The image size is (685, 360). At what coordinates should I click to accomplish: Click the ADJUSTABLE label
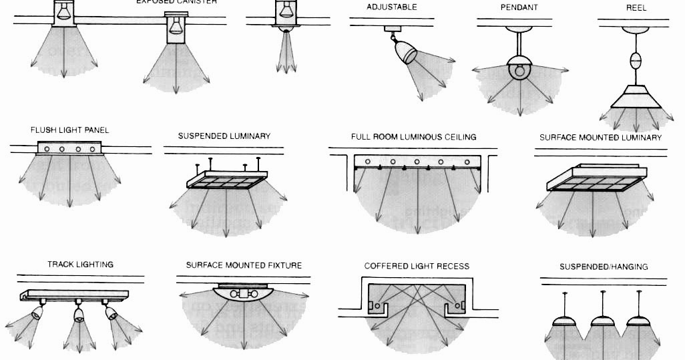point(392,7)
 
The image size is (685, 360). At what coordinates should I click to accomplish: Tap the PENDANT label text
point(519,7)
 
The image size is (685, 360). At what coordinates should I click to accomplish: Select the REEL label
point(636,7)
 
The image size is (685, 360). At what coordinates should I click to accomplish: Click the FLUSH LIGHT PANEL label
point(69,130)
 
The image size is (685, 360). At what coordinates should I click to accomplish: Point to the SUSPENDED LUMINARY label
point(224,136)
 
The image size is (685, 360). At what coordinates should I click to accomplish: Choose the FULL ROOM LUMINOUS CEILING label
point(414,137)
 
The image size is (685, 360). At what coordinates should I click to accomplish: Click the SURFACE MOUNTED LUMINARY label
point(600,138)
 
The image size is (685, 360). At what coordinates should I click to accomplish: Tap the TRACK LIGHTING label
point(80,264)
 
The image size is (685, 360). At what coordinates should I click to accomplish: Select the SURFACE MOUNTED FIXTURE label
point(244,265)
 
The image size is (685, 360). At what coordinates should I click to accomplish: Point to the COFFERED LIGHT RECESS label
point(417,266)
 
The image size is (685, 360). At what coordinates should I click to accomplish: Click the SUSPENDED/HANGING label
point(604,266)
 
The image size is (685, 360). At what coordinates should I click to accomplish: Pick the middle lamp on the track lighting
point(79,315)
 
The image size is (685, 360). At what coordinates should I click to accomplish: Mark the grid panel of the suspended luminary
point(223,182)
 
